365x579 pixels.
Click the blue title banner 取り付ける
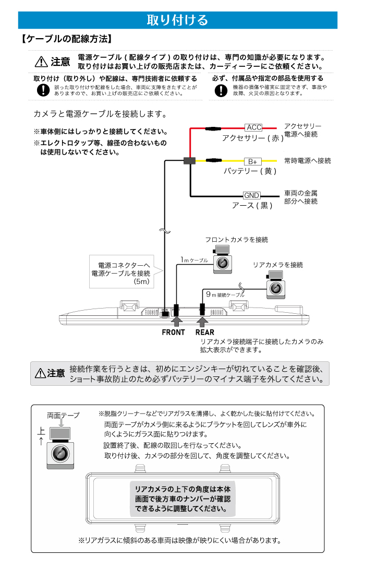178,20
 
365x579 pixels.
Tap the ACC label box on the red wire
254,127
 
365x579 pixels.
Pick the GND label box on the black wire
252,196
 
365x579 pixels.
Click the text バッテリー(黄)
250,171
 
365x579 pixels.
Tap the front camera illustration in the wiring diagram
223,259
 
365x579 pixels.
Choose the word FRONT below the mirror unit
173,332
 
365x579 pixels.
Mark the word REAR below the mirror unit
205,332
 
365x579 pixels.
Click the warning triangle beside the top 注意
41,62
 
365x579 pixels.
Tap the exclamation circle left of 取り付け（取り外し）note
43,90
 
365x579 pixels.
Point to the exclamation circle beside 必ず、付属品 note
222,90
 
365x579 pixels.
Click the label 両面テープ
63,416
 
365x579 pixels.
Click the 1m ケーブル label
194,260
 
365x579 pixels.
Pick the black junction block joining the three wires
189,161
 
